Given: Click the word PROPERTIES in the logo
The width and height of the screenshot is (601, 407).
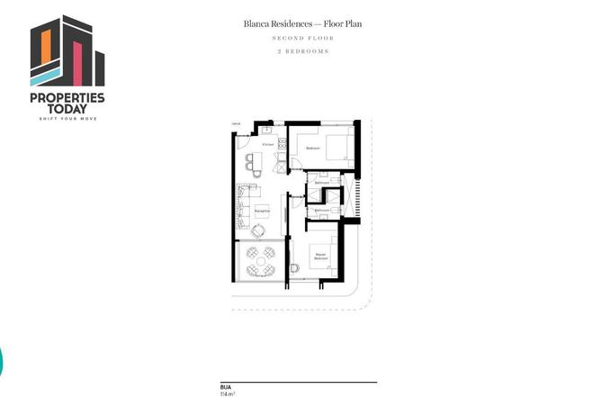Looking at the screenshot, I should click(67, 97).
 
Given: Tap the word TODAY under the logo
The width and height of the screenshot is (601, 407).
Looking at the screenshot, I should click(67, 109).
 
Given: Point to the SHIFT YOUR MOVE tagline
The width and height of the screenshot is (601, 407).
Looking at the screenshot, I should click(67, 118).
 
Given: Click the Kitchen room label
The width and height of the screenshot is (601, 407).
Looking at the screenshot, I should click(267, 144).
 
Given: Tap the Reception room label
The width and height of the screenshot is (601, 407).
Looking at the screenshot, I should click(262, 210).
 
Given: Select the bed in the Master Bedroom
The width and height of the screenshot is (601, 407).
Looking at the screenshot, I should click(323, 258).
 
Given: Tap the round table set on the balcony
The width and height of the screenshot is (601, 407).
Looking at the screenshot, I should click(261, 262).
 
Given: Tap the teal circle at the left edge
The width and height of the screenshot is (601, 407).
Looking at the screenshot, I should click(2, 360).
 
